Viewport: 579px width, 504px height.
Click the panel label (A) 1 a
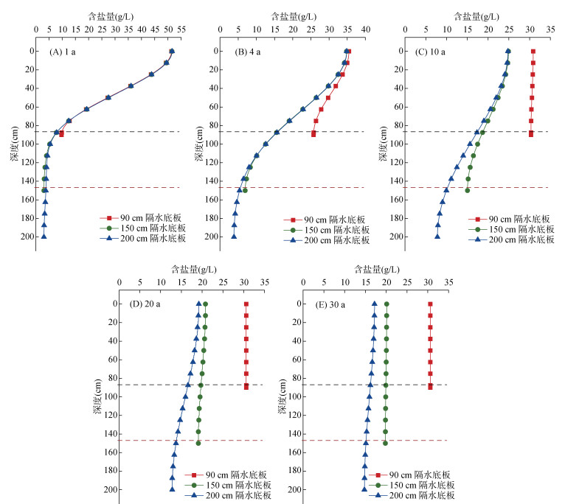(x=63, y=52)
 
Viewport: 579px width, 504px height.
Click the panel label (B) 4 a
(x=247, y=52)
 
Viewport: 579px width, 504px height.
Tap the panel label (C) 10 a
(x=430, y=52)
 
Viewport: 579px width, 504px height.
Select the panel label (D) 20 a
(x=145, y=304)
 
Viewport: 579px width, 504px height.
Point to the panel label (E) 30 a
(x=330, y=305)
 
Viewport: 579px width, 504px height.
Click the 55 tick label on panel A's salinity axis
(x=181, y=29)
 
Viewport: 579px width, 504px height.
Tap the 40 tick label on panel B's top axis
(x=366, y=29)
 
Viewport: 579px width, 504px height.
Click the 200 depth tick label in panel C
(x=396, y=237)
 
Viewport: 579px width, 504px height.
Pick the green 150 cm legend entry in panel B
(x=327, y=230)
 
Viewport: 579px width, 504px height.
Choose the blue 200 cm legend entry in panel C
(x=511, y=239)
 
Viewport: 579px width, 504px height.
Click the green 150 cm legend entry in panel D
(x=228, y=485)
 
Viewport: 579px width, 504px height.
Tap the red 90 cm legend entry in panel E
(x=409, y=475)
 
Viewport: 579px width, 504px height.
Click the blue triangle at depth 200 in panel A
(x=44, y=237)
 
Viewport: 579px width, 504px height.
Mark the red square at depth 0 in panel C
(x=533, y=52)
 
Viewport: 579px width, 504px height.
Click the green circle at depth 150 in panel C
(x=468, y=190)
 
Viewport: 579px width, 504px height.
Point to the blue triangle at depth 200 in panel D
(x=172, y=489)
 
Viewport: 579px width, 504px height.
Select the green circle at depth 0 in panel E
(x=386, y=304)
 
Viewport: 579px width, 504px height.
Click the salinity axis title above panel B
(x=294, y=17)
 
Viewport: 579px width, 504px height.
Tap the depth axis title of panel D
(x=97, y=396)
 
